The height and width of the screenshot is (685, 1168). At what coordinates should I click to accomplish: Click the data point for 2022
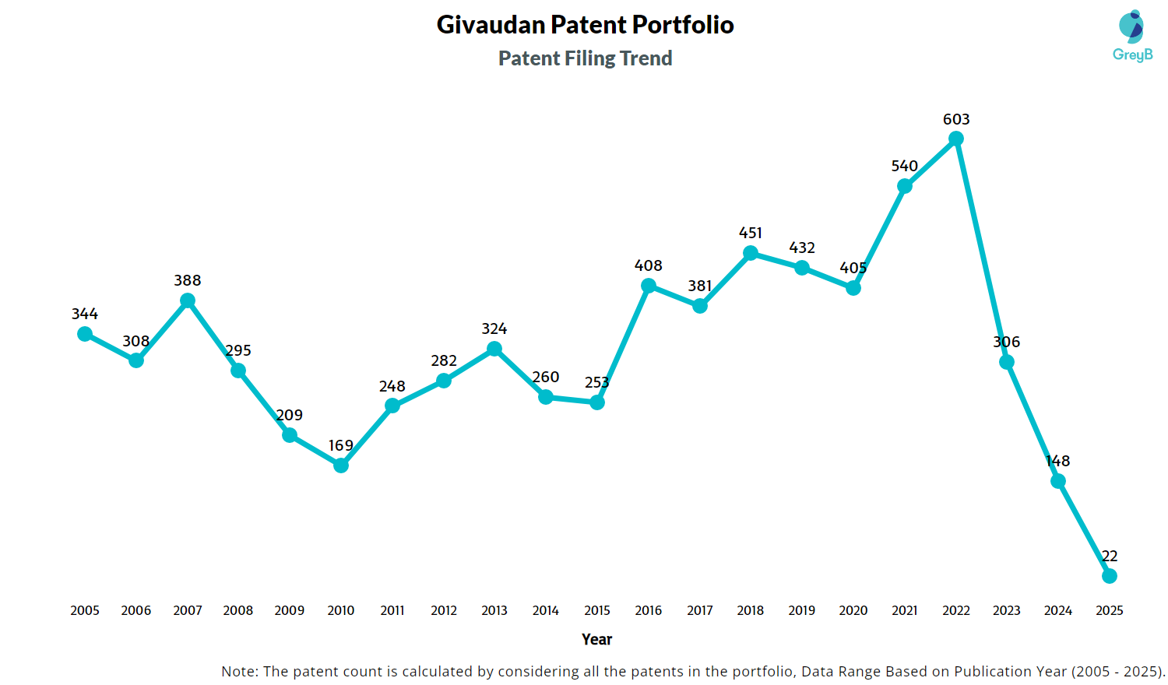pyautogui.click(x=956, y=139)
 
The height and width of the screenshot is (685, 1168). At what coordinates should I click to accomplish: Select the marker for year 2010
pyautogui.click(x=341, y=465)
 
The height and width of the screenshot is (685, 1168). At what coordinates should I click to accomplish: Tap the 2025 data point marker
pyautogui.click(x=1110, y=576)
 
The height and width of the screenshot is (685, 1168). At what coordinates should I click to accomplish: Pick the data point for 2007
pyautogui.click(x=188, y=300)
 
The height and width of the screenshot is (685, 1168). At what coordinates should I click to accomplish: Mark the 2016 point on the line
pyautogui.click(x=649, y=286)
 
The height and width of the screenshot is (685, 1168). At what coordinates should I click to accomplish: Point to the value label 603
pyautogui.click(x=956, y=119)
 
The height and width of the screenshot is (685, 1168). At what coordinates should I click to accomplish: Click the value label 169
pyautogui.click(x=341, y=445)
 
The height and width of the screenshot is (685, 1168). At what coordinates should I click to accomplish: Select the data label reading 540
pyautogui.click(x=905, y=166)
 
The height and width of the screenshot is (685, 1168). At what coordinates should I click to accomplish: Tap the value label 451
pyautogui.click(x=751, y=233)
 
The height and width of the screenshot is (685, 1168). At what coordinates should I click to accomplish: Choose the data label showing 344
pyautogui.click(x=85, y=314)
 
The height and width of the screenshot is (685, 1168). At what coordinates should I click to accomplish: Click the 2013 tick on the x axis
pyautogui.click(x=494, y=610)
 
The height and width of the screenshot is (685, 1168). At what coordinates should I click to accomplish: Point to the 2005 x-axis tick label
pyautogui.click(x=85, y=610)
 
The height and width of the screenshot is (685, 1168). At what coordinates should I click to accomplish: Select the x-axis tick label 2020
pyautogui.click(x=853, y=610)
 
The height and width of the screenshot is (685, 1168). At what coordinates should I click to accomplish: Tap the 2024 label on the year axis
pyautogui.click(x=1058, y=610)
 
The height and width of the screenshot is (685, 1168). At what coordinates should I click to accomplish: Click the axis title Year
pyautogui.click(x=596, y=639)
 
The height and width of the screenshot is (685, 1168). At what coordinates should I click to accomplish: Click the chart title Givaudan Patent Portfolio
pyautogui.click(x=585, y=25)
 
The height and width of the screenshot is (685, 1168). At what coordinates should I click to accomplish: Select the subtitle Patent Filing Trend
pyautogui.click(x=585, y=58)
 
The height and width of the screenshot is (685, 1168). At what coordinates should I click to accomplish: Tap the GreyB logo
pyautogui.click(x=1132, y=36)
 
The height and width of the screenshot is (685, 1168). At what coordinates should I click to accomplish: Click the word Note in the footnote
pyautogui.click(x=237, y=671)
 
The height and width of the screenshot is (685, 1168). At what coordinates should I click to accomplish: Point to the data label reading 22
pyautogui.click(x=1110, y=556)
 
